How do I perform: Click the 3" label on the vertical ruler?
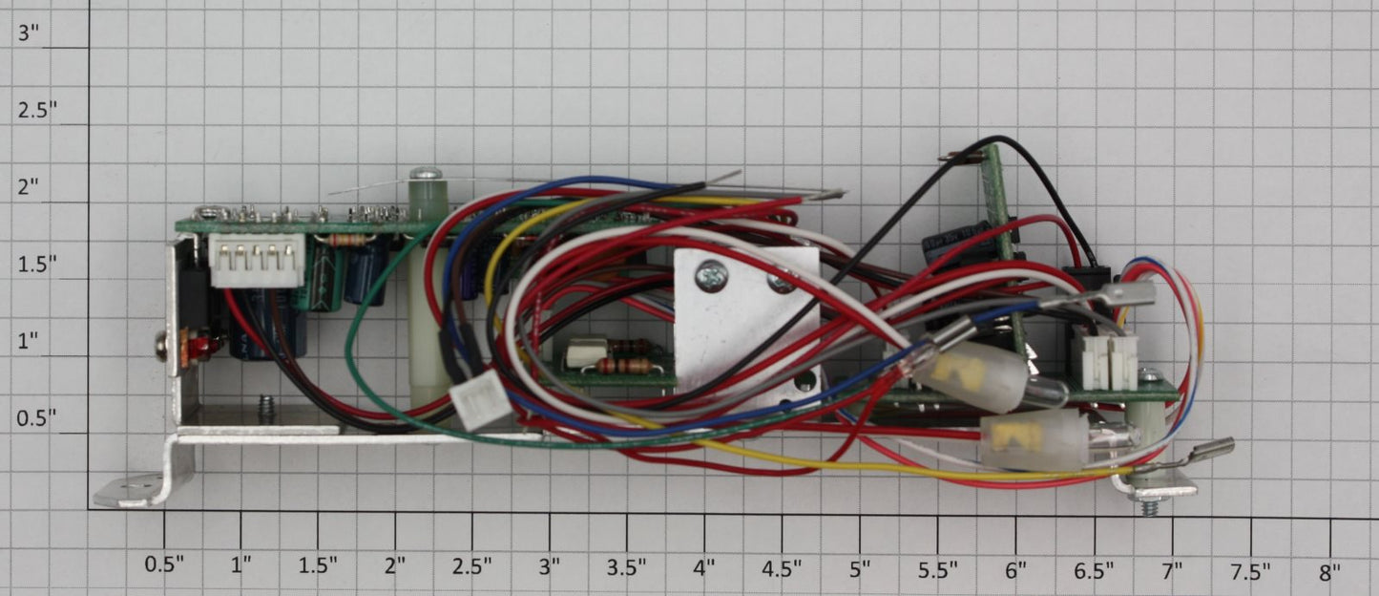[29, 32]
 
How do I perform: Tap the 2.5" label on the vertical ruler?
[37, 111]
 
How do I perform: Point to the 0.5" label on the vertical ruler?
[36, 418]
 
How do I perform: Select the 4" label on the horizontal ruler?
[703, 566]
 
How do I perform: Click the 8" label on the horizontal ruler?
[1329, 572]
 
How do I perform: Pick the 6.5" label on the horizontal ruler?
[1094, 571]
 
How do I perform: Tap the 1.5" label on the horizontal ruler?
[318, 565]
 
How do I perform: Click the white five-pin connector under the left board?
[257, 260]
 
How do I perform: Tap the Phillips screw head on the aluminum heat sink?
[711, 276]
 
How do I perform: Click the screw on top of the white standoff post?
[425, 172]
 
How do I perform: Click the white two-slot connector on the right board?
[1105, 359]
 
